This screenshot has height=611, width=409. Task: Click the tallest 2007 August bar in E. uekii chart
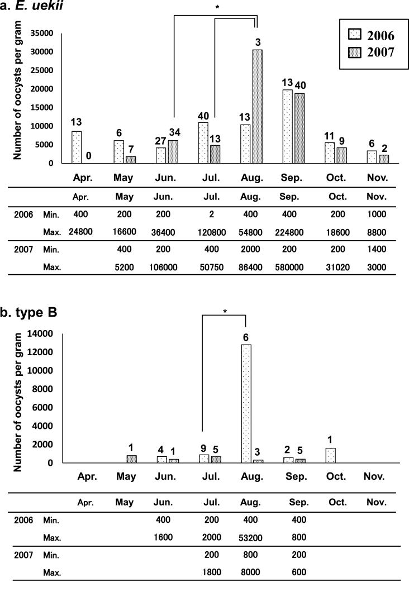point(258,106)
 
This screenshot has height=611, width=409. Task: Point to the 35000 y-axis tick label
point(42,34)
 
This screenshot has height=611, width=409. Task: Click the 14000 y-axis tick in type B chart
point(42,334)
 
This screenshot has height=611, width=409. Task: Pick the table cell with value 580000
point(289,268)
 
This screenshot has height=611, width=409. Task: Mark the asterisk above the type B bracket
point(224,311)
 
